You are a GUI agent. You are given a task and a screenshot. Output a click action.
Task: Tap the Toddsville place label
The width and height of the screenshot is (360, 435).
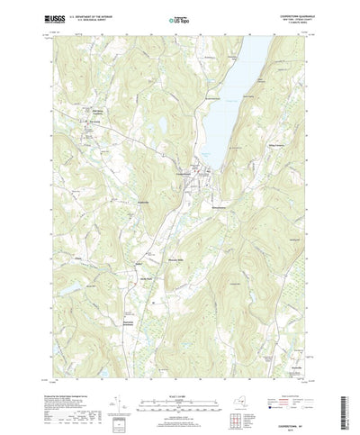[x=136, y=202]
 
